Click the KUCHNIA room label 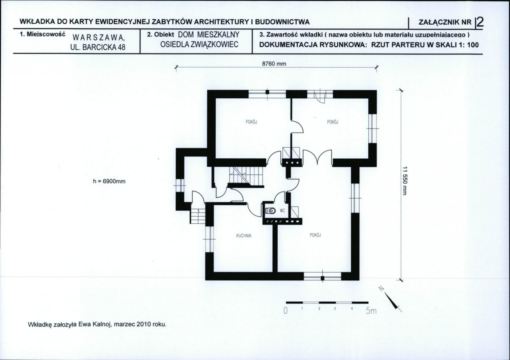coord(244,236)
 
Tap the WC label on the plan coord(282,211)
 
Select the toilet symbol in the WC coord(271,211)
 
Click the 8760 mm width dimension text coord(274,64)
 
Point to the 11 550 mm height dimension coord(405,181)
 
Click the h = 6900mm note coord(109,181)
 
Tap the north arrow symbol coord(390,299)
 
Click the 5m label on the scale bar coord(371,311)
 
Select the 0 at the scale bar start coord(285,311)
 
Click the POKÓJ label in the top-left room coord(251,122)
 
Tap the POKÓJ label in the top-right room coord(333,122)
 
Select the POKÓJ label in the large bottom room coord(316,235)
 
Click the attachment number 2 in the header coord(480,22)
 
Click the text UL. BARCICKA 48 coord(98,47)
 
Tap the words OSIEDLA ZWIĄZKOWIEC coord(200,45)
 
